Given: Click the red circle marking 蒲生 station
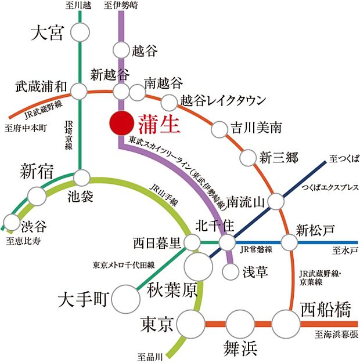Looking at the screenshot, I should point(120,123).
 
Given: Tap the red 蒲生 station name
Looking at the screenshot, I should point(157,124).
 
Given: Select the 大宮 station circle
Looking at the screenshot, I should point(80,33).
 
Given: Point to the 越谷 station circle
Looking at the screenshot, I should point(121,51).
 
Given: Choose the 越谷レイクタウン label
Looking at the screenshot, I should point(223,100).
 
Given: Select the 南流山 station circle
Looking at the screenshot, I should point(275,201).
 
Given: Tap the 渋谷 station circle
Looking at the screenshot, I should point(12,222).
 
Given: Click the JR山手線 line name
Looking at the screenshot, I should point(164,191).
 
